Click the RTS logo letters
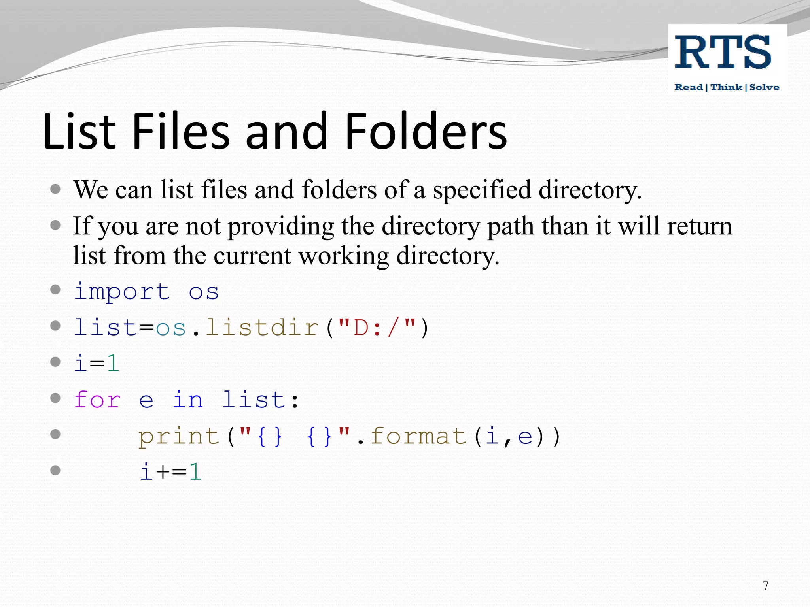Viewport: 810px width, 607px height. (723, 52)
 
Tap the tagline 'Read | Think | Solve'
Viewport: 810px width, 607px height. (727, 87)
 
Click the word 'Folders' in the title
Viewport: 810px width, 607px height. (426, 131)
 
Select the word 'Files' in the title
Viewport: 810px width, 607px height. (181, 131)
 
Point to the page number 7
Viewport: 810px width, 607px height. (765, 585)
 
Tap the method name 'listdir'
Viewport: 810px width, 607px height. (262, 328)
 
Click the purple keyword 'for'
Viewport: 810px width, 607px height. (97, 400)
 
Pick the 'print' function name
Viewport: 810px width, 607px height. (179, 436)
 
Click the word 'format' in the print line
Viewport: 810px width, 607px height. (418, 436)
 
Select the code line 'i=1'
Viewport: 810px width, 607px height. (97, 364)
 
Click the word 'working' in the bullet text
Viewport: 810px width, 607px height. (343, 256)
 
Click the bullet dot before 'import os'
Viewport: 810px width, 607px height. (55, 290)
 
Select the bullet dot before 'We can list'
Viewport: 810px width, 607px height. (55, 189)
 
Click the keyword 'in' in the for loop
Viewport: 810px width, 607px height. (188, 400)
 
